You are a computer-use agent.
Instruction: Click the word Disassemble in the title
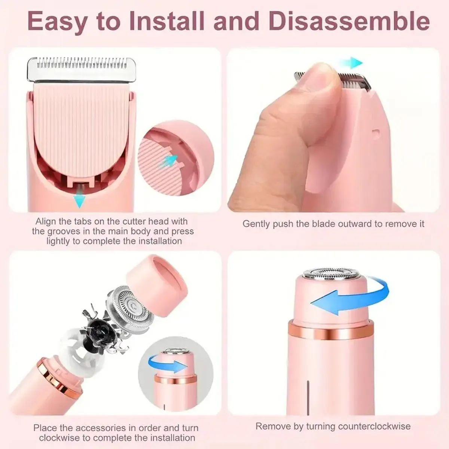pos(349,22)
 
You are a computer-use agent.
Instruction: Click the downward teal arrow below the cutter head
pos(79,201)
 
